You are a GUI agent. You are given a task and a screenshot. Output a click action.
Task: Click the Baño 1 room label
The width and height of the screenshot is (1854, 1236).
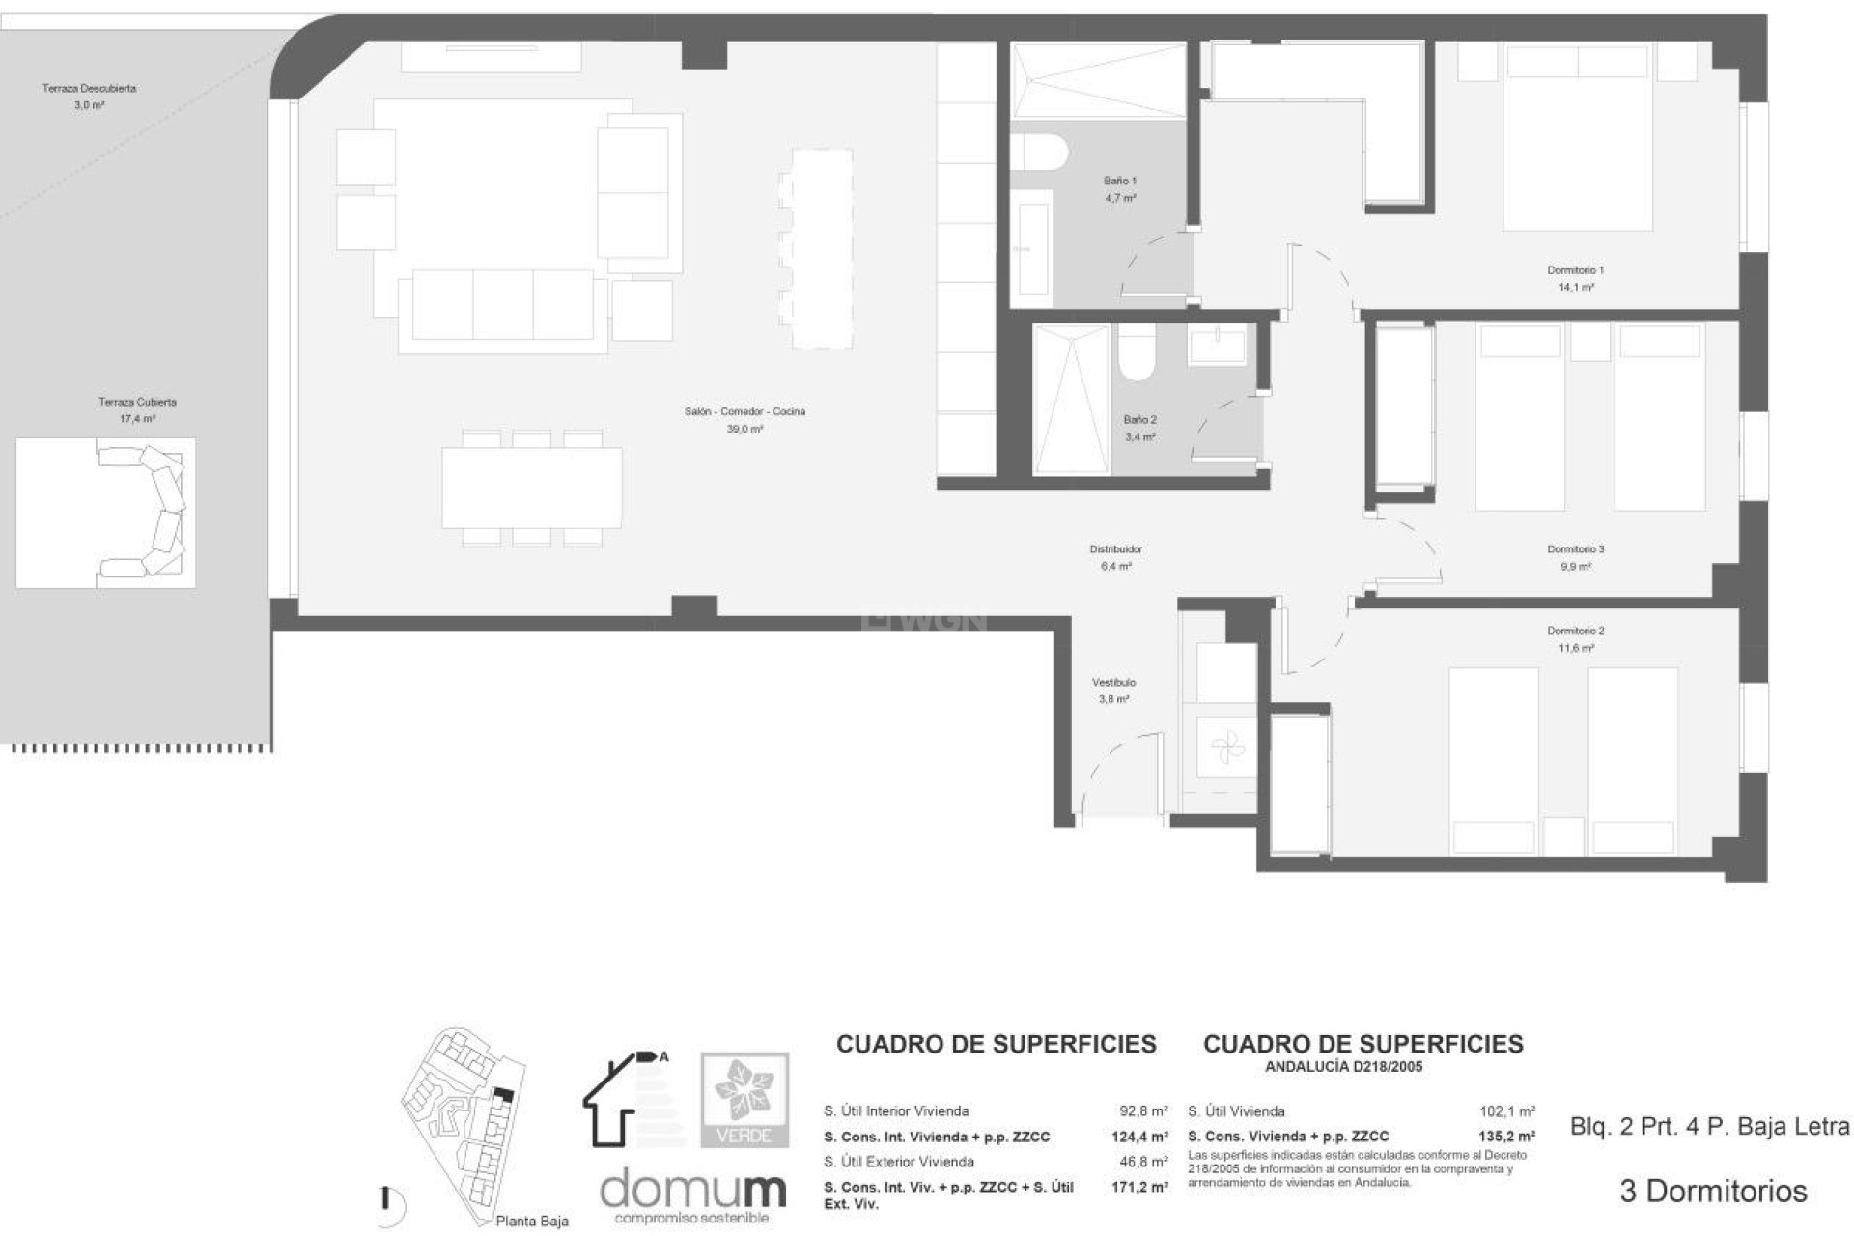(x=1119, y=181)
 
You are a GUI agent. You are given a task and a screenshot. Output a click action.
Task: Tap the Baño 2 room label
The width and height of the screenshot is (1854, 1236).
(x=1139, y=420)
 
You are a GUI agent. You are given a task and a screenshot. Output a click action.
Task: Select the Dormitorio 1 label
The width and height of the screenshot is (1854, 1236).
(x=1575, y=271)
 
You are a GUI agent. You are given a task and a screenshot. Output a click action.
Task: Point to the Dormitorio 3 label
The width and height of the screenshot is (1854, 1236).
(x=1575, y=549)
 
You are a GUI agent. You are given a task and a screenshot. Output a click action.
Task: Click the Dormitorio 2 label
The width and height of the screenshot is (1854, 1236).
(x=1575, y=632)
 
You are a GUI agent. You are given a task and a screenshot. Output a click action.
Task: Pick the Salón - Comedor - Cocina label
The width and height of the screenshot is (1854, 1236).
(x=744, y=412)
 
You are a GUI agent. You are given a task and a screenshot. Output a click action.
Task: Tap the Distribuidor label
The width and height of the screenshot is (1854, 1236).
(x=1115, y=549)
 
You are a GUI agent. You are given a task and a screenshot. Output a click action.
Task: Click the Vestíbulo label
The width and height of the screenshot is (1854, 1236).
(x=1113, y=683)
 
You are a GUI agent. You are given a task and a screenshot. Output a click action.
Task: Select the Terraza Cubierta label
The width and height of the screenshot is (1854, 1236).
(x=137, y=402)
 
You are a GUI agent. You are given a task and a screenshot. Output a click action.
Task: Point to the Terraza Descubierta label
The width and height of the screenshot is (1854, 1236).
(x=89, y=89)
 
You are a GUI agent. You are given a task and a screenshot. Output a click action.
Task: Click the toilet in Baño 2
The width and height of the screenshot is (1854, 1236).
(x=1137, y=352)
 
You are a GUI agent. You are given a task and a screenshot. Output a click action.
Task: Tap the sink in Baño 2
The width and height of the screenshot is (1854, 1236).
(x=1217, y=345)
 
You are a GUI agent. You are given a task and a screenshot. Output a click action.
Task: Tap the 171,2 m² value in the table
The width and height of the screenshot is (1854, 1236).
(x=1138, y=1187)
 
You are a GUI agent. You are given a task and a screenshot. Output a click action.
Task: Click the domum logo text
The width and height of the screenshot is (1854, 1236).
(x=692, y=1190)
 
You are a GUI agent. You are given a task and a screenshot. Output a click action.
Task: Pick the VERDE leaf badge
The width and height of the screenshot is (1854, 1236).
(x=744, y=1099)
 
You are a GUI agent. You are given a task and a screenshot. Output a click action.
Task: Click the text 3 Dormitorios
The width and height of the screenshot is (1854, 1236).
(x=1712, y=1191)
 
